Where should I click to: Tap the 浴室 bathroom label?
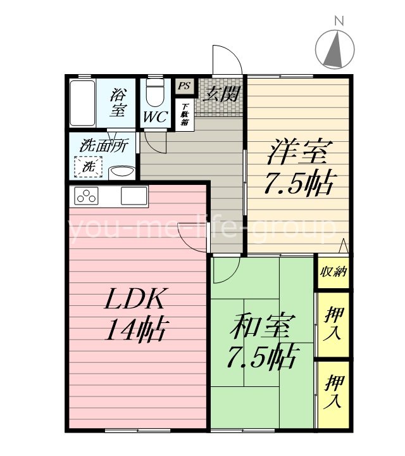pyautogui.click(x=117, y=103)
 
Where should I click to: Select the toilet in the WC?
pyautogui.click(x=154, y=94)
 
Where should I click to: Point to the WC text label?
pyautogui.click(x=154, y=118)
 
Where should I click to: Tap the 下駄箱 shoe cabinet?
pyautogui.click(x=185, y=113)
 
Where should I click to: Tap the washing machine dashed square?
pyautogui.click(x=89, y=168)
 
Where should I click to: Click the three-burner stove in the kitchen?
pyautogui.click(x=87, y=196)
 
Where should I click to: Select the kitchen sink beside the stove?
pyautogui.click(x=134, y=196)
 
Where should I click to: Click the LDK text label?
pyautogui.click(x=135, y=298)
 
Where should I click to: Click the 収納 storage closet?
pyautogui.click(x=333, y=272)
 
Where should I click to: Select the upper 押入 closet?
pyautogui.click(x=333, y=324)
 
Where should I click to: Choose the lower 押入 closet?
pyautogui.click(x=333, y=391)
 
